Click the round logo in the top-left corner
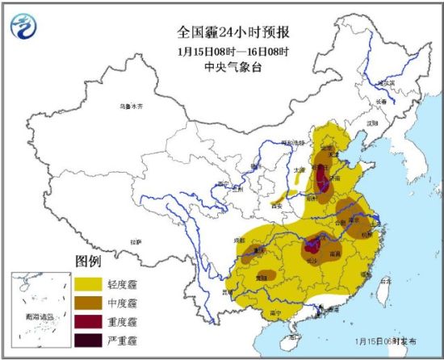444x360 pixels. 24,27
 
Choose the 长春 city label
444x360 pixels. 380,101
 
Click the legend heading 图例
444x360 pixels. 88,262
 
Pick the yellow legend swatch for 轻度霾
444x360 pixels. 89,283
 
